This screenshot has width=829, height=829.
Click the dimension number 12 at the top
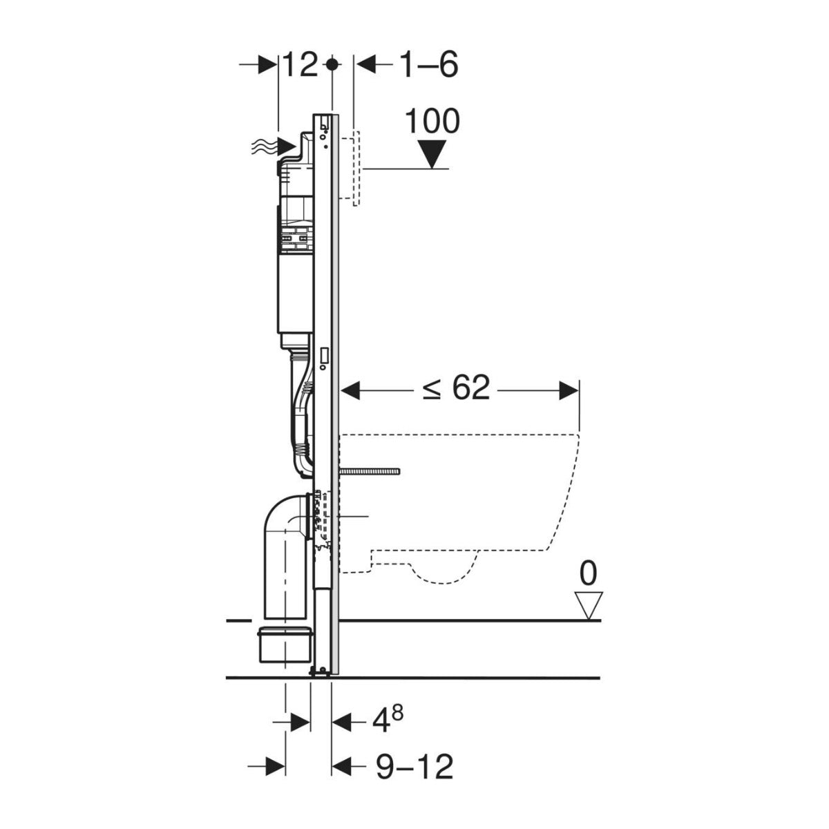click(301, 65)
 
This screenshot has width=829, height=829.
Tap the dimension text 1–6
click(428, 65)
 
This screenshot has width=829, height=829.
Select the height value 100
click(432, 122)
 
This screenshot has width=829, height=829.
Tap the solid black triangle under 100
click(432, 154)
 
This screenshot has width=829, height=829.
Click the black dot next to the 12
click(332, 65)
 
